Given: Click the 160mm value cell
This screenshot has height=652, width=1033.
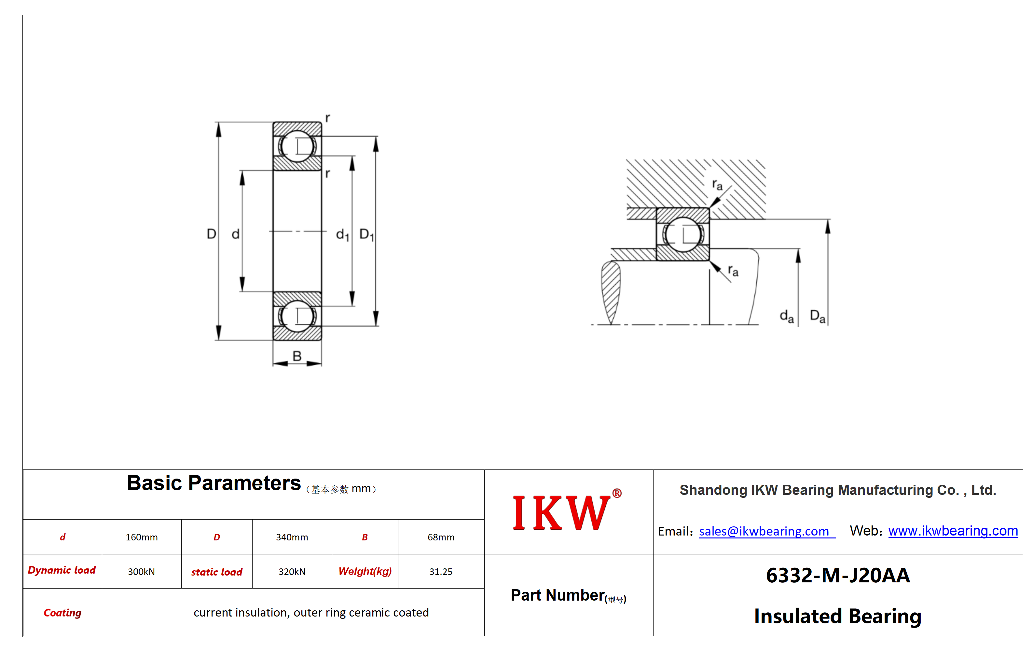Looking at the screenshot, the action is pos(142,537).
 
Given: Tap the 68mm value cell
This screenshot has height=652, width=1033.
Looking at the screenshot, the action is pos(441,537).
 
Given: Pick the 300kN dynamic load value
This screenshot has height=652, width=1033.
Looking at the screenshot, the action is pos(141,571).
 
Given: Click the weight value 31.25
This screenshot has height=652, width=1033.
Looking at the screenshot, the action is pos(441,571).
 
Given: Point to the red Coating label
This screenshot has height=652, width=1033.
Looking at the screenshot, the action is pos(62,613).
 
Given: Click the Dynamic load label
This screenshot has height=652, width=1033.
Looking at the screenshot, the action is pos(62,570).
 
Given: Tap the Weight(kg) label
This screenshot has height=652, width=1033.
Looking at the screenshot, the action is pos(365,571).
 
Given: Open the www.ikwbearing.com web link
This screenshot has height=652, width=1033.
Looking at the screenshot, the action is pos(953,531).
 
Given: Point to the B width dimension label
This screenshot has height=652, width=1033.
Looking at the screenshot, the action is pos(297,356).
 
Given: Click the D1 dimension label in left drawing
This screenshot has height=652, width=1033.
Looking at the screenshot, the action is pos(367,235).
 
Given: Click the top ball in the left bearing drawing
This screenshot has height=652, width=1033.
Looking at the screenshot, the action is pos(297,146).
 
